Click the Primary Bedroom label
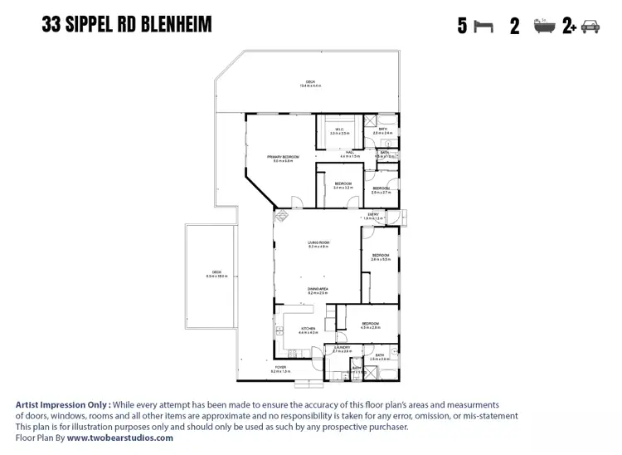point(283,158)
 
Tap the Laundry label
point(342,350)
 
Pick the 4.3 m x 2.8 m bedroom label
point(370,325)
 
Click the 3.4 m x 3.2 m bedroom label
point(343,185)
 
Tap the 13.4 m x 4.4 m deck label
point(310,83)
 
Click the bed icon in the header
point(483,27)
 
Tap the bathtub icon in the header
point(543,27)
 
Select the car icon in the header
point(590,27)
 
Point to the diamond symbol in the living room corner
point(282,216)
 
